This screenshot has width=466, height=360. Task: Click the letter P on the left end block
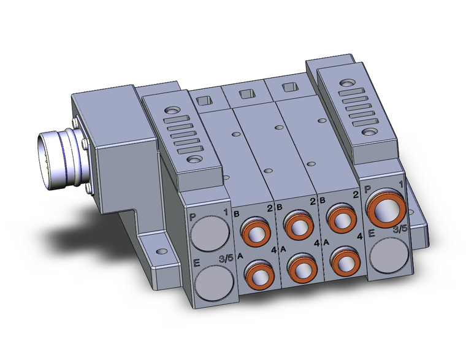click(x=193, y=216)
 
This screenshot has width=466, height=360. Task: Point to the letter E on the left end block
click(x=196, y=264)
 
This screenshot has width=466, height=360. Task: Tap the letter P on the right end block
click(x=368, y=190)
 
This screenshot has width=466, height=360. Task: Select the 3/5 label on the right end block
click(x=400, y=229)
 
